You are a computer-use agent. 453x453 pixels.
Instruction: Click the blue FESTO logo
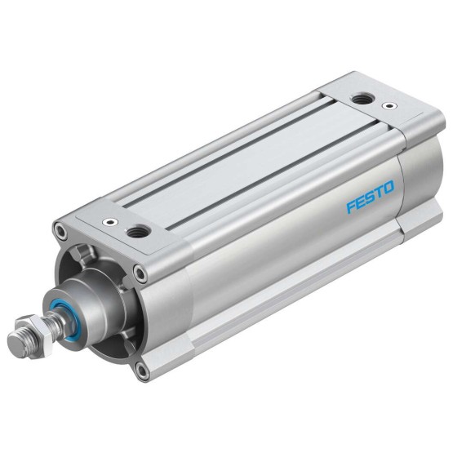tap(370, 197)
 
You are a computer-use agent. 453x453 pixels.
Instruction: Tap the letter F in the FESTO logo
tap(352, 206)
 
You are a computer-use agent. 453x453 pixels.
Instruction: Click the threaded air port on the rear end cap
tap(362, 99)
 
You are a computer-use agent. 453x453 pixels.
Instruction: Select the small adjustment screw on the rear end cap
tap(389, 106)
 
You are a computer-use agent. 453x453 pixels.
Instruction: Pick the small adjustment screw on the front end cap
tap(110, 222)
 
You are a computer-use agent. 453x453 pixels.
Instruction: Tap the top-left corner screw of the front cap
tap(61, 230)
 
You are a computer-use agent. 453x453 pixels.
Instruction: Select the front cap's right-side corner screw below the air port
tap(140, 273)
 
